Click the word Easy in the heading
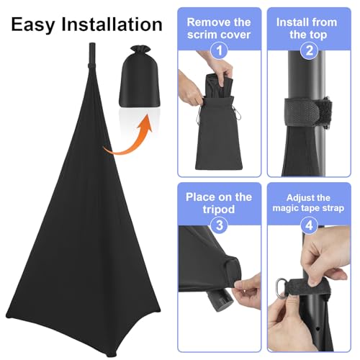(33, 25)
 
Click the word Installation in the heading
(112, 24)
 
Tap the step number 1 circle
(219, 50)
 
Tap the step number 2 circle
(310, 50)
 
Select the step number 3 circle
(219, 225)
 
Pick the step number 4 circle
(310, 225)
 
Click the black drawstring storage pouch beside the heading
(139, 76)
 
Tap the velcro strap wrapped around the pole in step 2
(309, 112)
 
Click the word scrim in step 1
(202, 35)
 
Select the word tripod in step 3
(219, 210)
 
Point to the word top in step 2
(318, 35)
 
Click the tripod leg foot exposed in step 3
(219, 300)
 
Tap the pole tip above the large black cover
(92, 54)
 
